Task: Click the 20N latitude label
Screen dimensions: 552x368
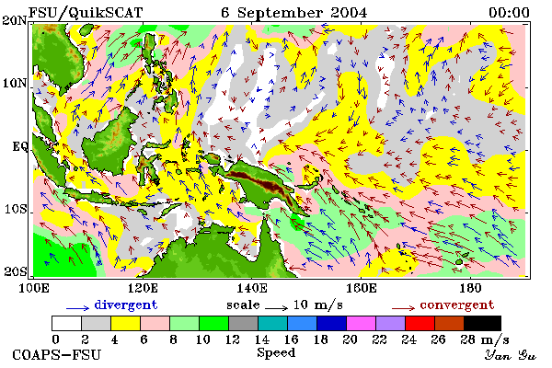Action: point(15,20)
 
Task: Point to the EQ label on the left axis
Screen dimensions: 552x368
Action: point(20,146)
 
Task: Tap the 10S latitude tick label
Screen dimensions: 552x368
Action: point(16,209)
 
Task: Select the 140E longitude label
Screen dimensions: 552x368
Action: point(251,288)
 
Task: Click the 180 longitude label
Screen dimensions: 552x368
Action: point(470,288)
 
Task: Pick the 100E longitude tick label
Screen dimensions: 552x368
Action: point(33,288)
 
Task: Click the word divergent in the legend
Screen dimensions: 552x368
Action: point(125,305)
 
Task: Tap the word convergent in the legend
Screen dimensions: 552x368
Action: point(457,305)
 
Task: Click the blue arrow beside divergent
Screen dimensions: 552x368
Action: point(78,308)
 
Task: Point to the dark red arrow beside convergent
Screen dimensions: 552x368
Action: point(403,308)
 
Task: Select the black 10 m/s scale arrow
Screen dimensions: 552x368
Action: point(276,308)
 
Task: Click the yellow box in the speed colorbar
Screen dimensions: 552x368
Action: point(125,323)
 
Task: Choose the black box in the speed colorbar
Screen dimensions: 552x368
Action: point(482,323)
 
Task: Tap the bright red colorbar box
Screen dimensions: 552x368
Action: point(420,323)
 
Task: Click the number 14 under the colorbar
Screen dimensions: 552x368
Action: point(261,339)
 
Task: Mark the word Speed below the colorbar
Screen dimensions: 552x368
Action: point(276,353)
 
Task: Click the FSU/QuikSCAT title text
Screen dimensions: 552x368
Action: point(86,13)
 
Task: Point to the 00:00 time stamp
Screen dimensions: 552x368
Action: point(509,13)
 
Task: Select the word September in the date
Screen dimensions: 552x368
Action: point(280,13)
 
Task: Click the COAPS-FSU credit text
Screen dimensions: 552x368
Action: point(57,354)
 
